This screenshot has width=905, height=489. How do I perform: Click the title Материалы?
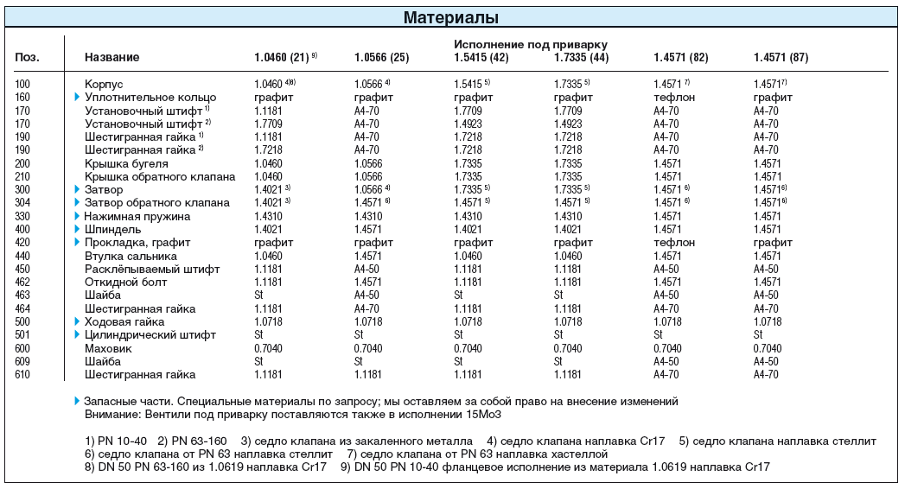coord(450,18)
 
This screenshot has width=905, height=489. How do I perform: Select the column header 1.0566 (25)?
coord(381,57)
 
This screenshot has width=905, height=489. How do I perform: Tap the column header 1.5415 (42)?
coord(481,57)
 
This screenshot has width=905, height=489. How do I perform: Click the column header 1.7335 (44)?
coord(581,57)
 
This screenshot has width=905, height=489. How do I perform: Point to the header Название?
coord(112,57)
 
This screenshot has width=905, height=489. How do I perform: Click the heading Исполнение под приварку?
coord(531,44)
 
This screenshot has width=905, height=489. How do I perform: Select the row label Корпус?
coord(104,84)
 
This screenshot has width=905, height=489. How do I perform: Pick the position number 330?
coord(22,216)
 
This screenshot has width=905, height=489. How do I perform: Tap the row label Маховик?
coord(109,348)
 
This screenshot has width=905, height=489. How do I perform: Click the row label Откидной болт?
coord(126,282)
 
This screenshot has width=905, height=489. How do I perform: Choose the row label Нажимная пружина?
coord(137,216)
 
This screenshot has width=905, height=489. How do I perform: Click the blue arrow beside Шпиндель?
coord(77,229)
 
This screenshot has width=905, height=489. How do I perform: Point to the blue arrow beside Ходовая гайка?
coord(77,321)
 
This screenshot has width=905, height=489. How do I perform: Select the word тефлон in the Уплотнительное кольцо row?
coord(674,98)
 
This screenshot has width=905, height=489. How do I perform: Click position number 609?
coord(22,361)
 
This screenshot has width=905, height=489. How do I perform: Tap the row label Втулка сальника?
coord(131,256)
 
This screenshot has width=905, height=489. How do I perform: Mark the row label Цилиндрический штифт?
coord(150,334)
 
